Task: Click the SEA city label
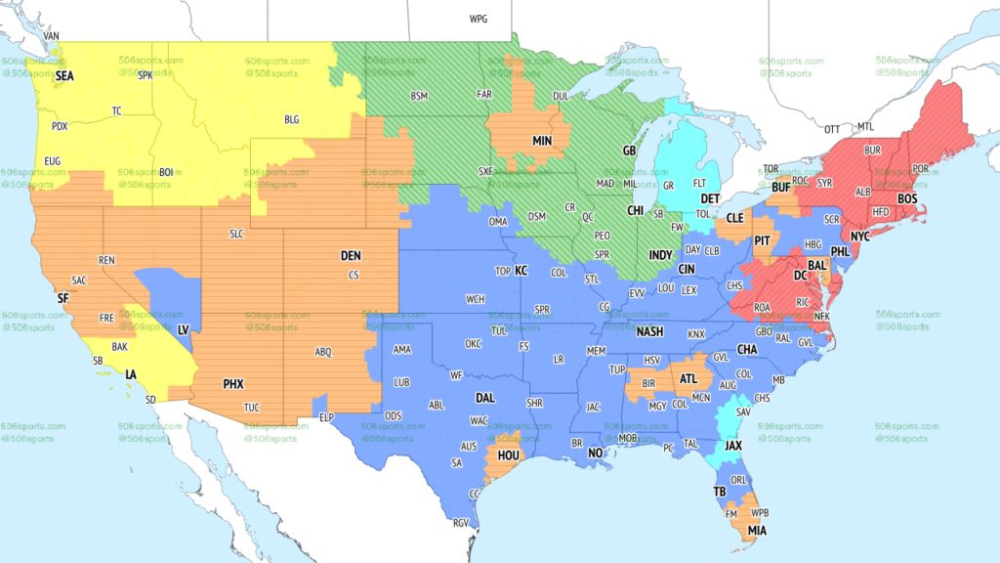tap(64, 74)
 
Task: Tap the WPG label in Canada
tap(479, 19)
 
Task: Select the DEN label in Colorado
tap(351, 255)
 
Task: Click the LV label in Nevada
tap(183, 330)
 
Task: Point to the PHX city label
tap(233, 384)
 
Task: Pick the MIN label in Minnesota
tap(542, 141)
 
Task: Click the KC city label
tap(521, 270)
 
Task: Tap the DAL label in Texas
tap(484, 398)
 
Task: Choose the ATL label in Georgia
tap(689, 378)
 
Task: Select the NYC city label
tap(859, 237)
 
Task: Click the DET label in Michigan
tap(710, 197)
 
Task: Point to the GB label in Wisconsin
tap(630, 151)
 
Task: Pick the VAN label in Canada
tap(53, 36)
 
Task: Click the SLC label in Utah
tap(236, 234)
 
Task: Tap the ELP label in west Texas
tap(327, 417)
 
